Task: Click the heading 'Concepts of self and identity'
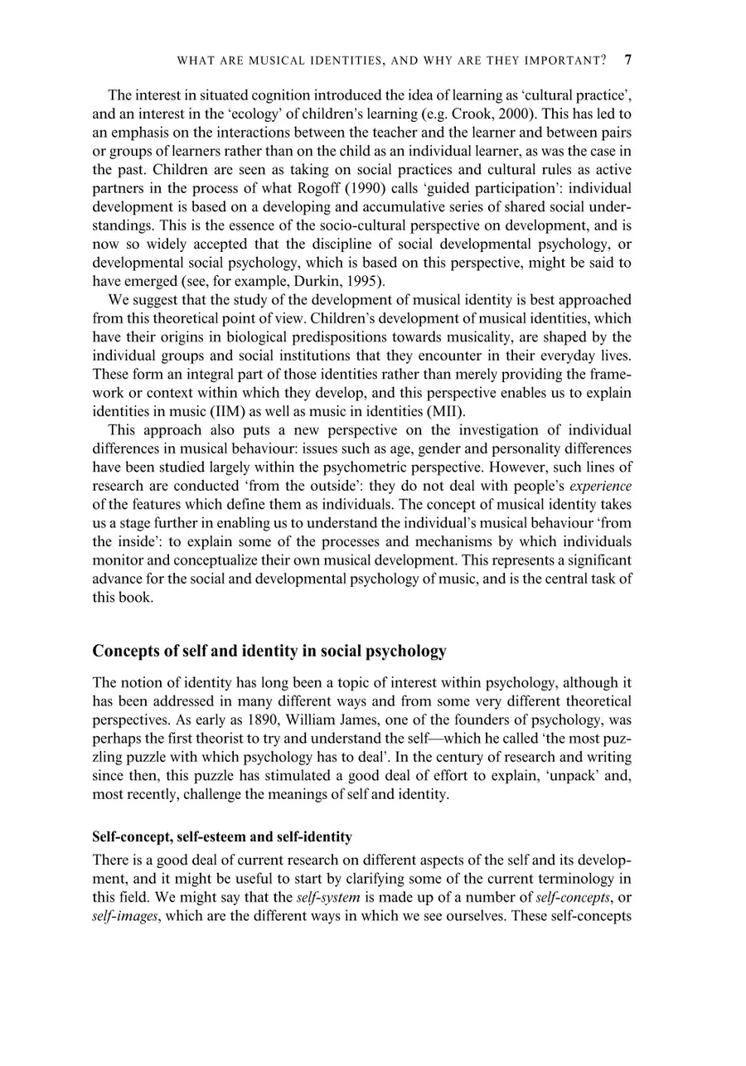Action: (269, 652)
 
